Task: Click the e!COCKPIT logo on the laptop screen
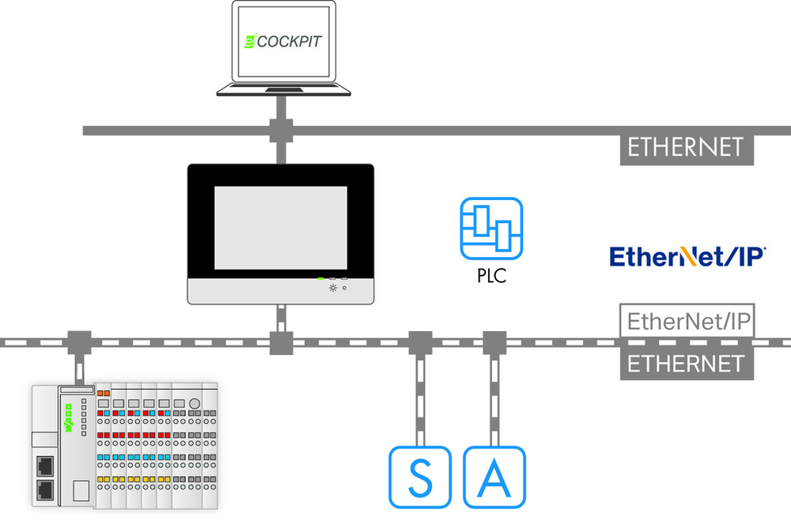(282, 41)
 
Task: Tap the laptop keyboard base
(283, 90)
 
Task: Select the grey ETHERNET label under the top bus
(687, 149)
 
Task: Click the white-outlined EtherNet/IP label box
(687, 321)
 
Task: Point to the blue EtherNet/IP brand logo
(687, 256)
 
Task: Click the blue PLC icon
(491, 228)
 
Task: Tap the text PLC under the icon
(491, 276)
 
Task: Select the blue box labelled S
(420, 477)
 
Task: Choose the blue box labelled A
(494, 477)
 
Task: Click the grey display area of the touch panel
(281, 228)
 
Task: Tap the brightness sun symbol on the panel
(332, 288)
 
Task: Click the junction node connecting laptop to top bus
(282, 130)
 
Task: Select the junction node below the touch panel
(282, 343)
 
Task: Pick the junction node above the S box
(420, 343)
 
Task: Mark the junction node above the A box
(494, 343)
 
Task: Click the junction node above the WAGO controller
(80, 343)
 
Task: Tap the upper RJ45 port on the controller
(45, 466)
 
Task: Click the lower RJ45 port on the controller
(45, 490)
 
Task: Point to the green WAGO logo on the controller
(68, 418)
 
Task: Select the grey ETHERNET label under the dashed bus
(687, 364)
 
